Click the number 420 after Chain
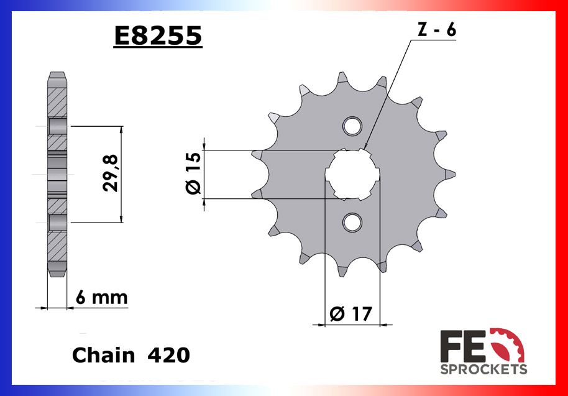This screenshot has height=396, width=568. [x=168, y=355]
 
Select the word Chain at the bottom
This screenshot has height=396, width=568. [x=103, y=355]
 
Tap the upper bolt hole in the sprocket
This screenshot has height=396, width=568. [x=352, y=125]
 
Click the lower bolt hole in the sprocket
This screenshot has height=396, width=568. [x=352, y=221]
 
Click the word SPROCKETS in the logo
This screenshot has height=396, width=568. [x=483, y=369]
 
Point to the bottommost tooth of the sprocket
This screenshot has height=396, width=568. [x=342, y=270]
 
